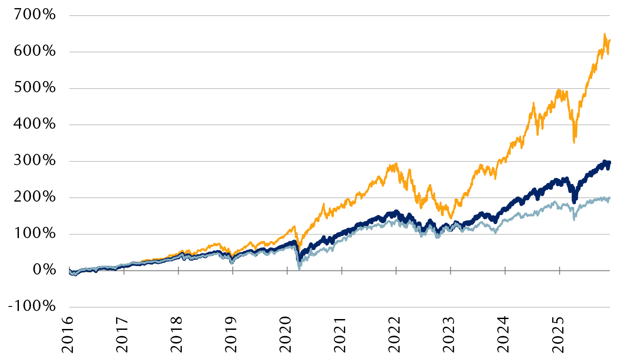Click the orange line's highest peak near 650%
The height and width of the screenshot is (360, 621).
(604, 34)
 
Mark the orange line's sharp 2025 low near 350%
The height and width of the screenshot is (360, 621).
(574, 142)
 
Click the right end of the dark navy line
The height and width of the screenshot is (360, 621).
(610, 162)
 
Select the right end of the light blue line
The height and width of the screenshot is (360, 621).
(610, 198)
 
